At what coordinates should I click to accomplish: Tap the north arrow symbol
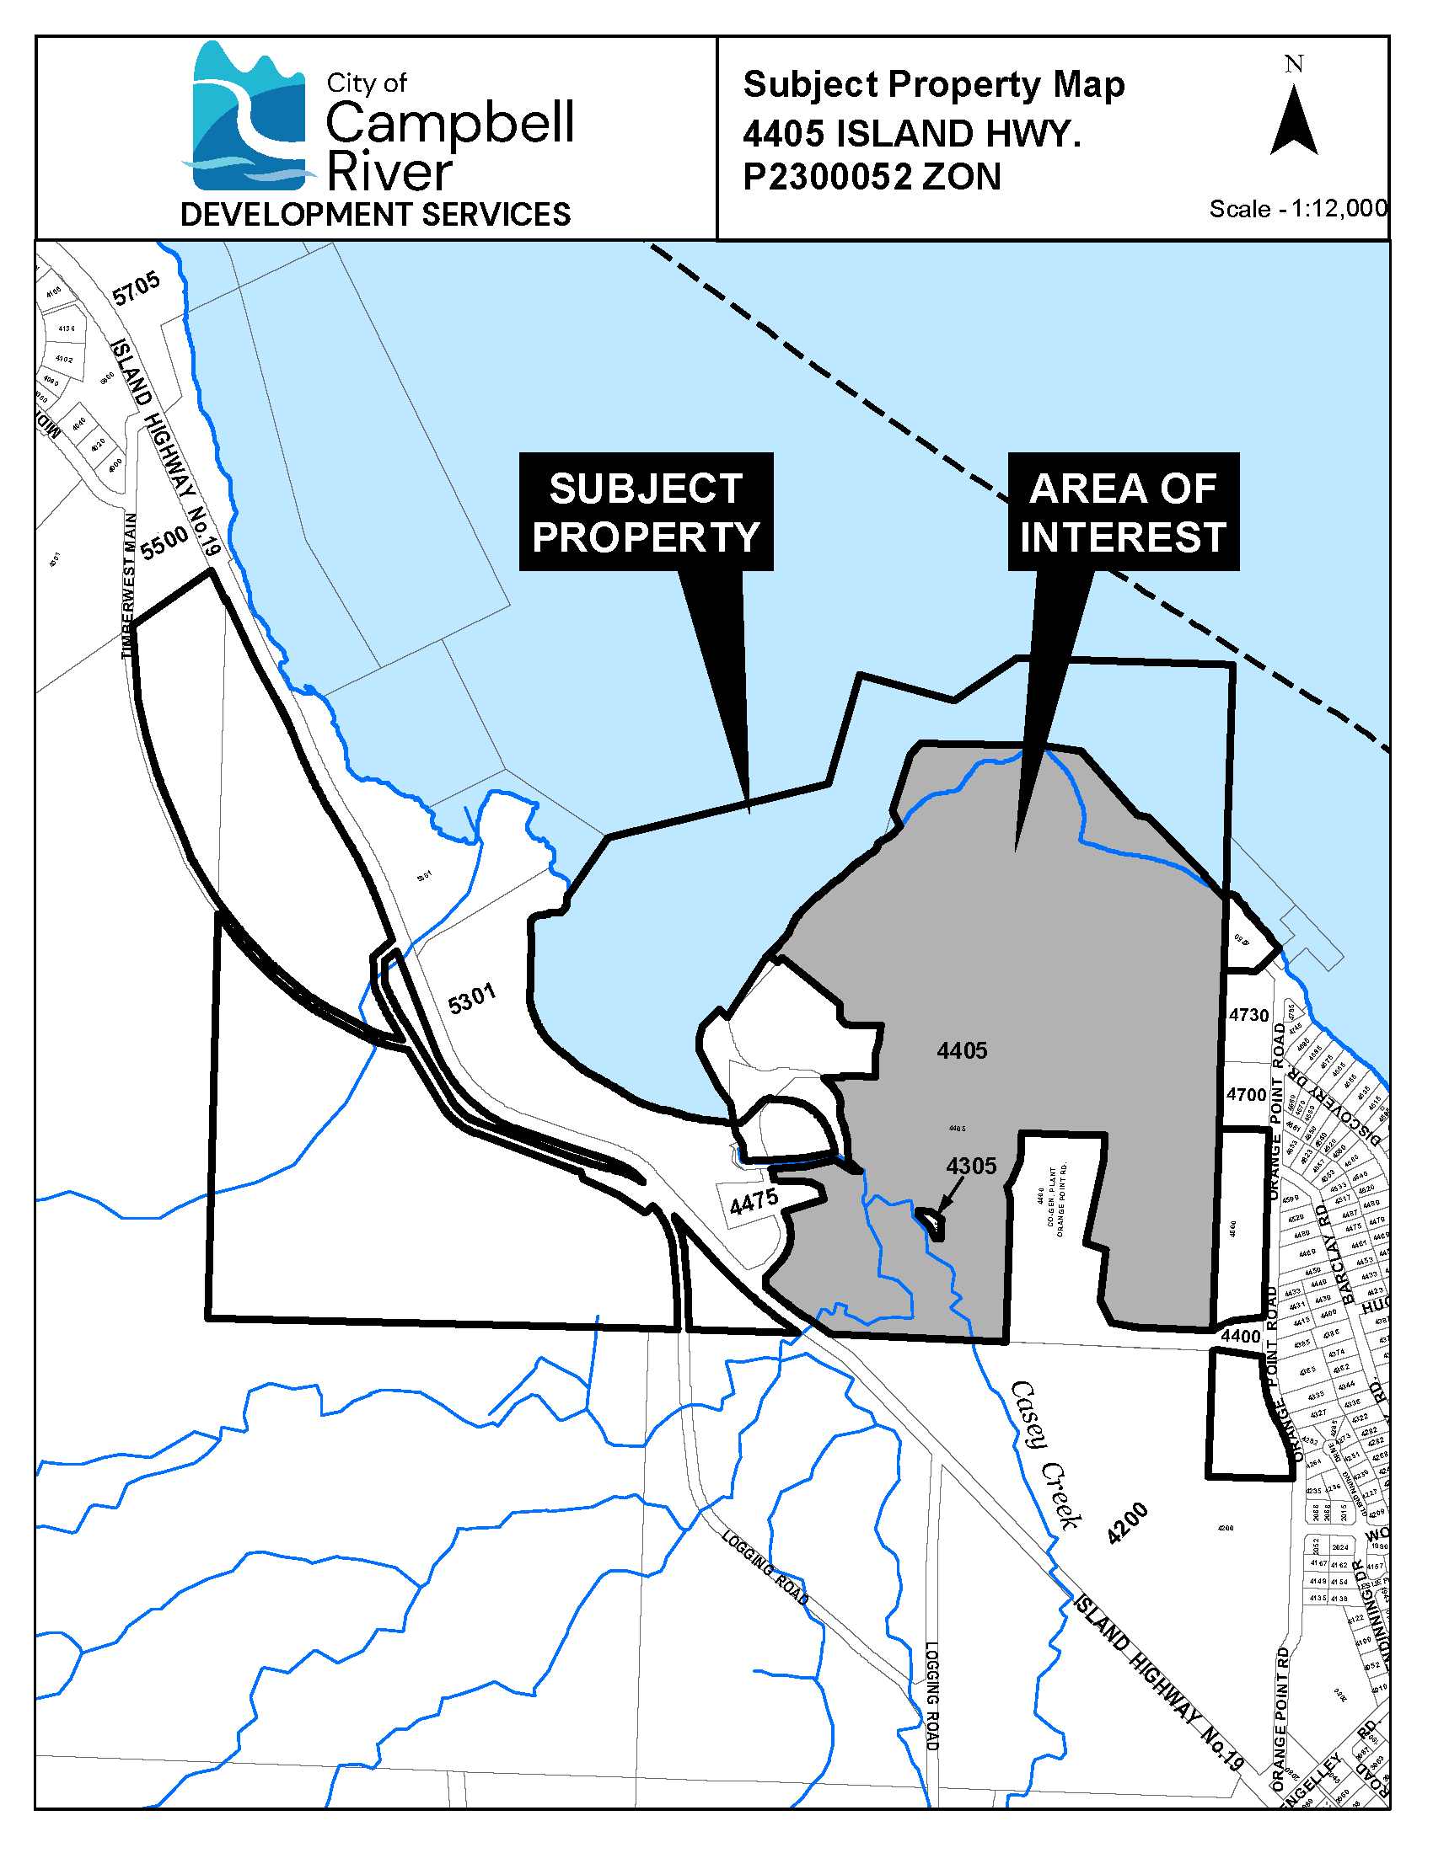pyautogui.click(x=1294, y=123)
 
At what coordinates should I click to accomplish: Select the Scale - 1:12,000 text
pyautogui.click(x=1298, y=209)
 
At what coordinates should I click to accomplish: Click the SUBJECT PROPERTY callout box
pyautogui.click(x=646, y=512)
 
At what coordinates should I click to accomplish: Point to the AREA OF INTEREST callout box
pyautogui.click(x=1123, y=512)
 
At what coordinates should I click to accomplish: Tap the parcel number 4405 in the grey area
pyautogui.click(x=962, y=1051)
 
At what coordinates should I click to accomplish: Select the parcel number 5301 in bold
pyautogui.click(x=471, y=999)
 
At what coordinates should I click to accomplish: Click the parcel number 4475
pyautogui.click(x=754, y=1201)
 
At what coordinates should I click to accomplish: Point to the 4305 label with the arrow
pyautogui.click(x=971, y=1166)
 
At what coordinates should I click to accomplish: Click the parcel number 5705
pyautogui.click(x=136, y=288)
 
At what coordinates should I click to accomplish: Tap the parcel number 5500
pyautogui.click(x=164, y=543)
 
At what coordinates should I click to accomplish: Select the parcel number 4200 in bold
pyautogui.click(x=1127, y=1522)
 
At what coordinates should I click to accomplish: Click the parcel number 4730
pyautogui.click(x=1248, y=1015)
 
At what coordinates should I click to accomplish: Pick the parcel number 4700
pyautogui.click(x=1246, y=1094)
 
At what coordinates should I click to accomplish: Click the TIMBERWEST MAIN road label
pyautogui.click(x=128, y=585)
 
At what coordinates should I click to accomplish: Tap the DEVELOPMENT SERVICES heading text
pyautogui.click(x=375, y=215)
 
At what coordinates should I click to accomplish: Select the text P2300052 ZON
pyautogui.click(x=872, y=178)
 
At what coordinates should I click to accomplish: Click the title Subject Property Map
pyautogui.click(x=934, y=85)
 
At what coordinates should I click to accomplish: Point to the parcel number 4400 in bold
pyautogui.click(x=1240, y=1337)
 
